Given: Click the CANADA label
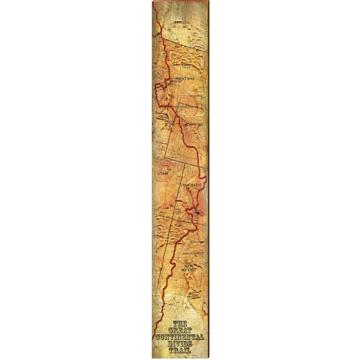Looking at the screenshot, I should [182, 22].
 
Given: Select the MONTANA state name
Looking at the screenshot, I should [185, 79].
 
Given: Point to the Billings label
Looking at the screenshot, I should [196, 96].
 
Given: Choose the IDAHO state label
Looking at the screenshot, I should [163, 118].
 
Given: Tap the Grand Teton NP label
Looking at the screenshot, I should [169, 123].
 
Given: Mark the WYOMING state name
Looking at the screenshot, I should [193, 124].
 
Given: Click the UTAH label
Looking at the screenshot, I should [163, 174].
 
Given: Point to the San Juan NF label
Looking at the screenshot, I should [178, 211].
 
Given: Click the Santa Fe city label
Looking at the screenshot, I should [197, 242].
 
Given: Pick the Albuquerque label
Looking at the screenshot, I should [193, 253].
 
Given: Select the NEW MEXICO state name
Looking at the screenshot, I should [188, 268].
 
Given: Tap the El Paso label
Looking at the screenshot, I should [193, 296].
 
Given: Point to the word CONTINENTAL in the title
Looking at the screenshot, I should [180, 337].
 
